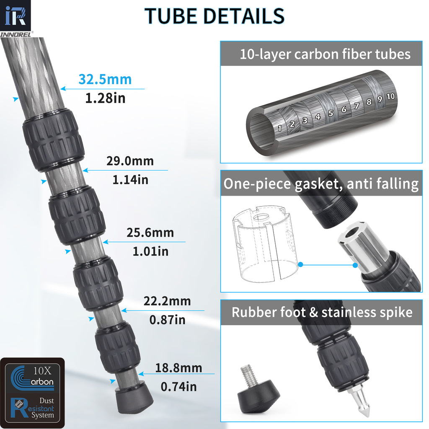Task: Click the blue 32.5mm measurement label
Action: coord(105,79)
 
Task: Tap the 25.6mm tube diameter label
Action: coord(150,233)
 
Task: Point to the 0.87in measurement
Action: coord(167,320)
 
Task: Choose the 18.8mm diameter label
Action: coord(178,368)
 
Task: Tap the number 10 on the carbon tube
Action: coord(390,97)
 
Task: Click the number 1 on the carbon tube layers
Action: coord(279,128)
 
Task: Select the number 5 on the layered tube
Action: coord(331,113)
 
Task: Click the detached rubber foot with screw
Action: coord(257,391)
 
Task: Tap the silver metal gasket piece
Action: coord(361,248)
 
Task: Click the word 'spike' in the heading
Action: coord(390,312)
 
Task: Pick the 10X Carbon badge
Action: coord(32,376)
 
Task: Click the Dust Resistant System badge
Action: coord(32,407)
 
